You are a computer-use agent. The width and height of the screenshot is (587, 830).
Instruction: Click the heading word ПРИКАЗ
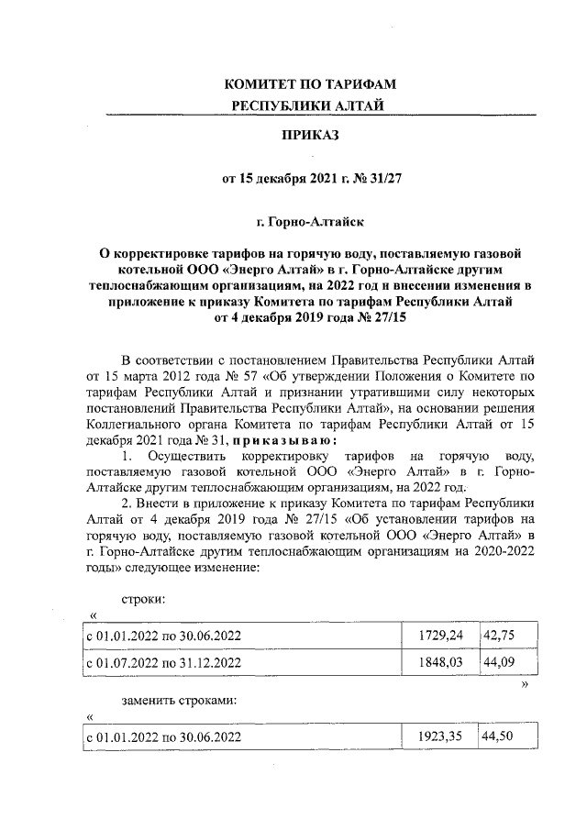tap(311, 137)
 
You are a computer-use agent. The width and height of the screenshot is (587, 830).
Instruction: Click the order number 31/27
tap(383, 179)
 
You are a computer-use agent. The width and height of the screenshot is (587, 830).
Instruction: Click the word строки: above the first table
tap(144, 599)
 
